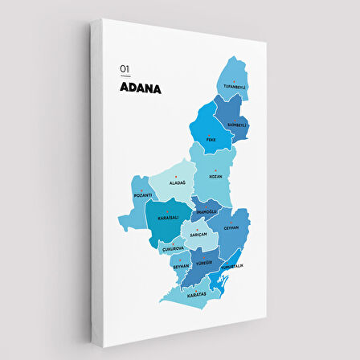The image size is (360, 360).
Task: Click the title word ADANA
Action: pos(140,88)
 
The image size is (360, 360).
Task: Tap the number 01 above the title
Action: pos(124,70)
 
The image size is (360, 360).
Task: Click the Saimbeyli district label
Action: pos(237,125)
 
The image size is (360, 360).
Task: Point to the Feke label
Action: pos(211,139)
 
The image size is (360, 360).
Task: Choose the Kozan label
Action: pos(215,175)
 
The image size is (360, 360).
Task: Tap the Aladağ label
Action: pos(177,182)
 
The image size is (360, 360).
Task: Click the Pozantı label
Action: pos(143,195)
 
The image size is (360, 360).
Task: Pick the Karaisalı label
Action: pos(167,217)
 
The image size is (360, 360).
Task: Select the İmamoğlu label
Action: pos(207,212)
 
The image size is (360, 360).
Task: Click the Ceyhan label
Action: pos(231,227)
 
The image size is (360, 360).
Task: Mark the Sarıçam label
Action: pos(198,234)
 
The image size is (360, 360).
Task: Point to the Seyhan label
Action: pos(181,266)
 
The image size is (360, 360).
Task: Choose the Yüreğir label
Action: pos(203,262)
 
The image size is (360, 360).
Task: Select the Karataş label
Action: pos(197,295)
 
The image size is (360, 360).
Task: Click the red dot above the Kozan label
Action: pos(215,170)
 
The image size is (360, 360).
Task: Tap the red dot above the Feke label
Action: pos(211,133)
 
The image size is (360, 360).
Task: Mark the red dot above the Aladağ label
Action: pos(176,177)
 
